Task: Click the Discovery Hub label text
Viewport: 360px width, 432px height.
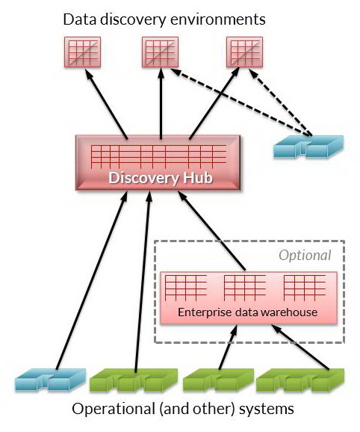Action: point(161,178)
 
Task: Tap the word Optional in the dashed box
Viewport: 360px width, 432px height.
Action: point(305,256)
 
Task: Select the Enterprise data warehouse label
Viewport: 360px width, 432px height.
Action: point(248,312)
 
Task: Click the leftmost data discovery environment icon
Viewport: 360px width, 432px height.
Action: point(83,52)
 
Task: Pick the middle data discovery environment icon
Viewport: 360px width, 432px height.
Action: point(160,52)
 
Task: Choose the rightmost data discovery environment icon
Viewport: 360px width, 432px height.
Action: point(245,52)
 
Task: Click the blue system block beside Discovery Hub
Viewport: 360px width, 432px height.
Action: point(308,146)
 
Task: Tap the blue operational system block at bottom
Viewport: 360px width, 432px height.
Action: point(50,380)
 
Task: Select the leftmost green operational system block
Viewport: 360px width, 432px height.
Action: point(134,380)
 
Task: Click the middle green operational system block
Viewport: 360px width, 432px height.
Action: point(218,380)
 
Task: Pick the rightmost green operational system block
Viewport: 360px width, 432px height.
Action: point(300,380)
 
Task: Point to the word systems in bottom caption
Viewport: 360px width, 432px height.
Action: point(267,409)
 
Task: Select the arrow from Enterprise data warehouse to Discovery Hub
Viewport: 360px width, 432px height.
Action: point(211,231)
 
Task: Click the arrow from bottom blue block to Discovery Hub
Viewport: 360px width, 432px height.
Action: point(92,280)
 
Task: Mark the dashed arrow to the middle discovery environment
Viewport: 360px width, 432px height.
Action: point(240,102)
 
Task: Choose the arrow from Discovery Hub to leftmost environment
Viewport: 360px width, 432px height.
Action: point(106,104)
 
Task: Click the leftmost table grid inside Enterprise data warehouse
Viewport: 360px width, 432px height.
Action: point(186,288)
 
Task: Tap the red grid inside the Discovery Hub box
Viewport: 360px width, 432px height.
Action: point(158,156)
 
